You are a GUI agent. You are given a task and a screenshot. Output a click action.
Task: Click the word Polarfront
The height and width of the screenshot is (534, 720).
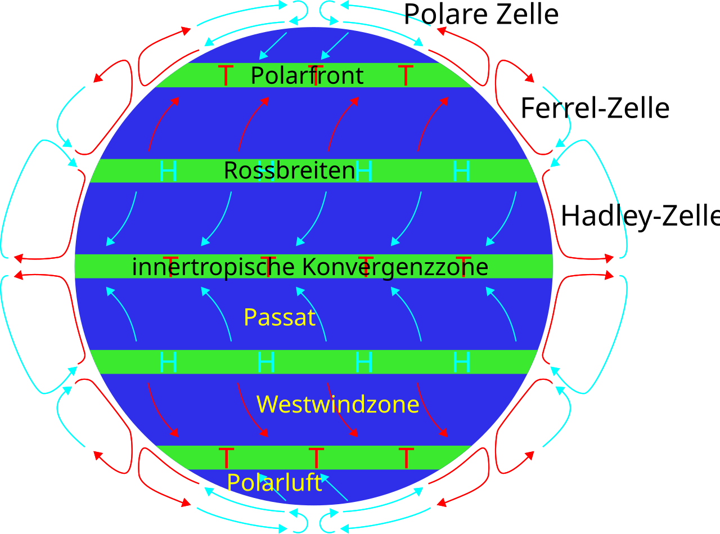coord(307,75)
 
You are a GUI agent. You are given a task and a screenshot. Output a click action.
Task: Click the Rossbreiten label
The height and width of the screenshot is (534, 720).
coord(289,170)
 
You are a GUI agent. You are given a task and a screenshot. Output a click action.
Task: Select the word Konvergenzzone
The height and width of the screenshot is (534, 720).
coord(395,267)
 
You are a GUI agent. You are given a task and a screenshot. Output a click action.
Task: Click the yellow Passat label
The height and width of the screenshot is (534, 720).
coord(279,317)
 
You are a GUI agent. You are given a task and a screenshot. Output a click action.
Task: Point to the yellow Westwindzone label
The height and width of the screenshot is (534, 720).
coord(337,405)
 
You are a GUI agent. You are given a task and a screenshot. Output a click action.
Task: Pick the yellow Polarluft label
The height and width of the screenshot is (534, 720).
coord(274,483)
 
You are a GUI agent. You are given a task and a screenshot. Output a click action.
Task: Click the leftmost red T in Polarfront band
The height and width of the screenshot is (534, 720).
coord(226,75)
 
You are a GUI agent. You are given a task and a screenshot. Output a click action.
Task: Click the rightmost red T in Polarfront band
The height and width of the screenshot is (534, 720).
coord(406,75)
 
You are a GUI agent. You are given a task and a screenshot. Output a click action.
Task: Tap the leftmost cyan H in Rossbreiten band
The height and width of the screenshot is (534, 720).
coord(168,171)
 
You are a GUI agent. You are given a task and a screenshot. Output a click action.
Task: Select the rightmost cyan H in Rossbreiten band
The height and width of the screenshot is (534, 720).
coord(461,171)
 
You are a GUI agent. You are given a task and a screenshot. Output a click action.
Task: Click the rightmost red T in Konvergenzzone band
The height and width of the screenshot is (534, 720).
coord(463,266)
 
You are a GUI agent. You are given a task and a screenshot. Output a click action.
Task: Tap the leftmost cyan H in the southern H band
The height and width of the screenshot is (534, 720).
coord(168,362)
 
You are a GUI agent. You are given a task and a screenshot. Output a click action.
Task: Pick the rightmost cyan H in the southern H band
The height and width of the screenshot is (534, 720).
coord(461,362)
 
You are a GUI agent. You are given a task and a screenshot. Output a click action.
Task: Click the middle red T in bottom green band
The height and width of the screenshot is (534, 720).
coord(316,458)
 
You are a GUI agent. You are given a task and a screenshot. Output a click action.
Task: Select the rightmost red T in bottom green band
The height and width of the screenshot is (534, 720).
coord(406,458)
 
